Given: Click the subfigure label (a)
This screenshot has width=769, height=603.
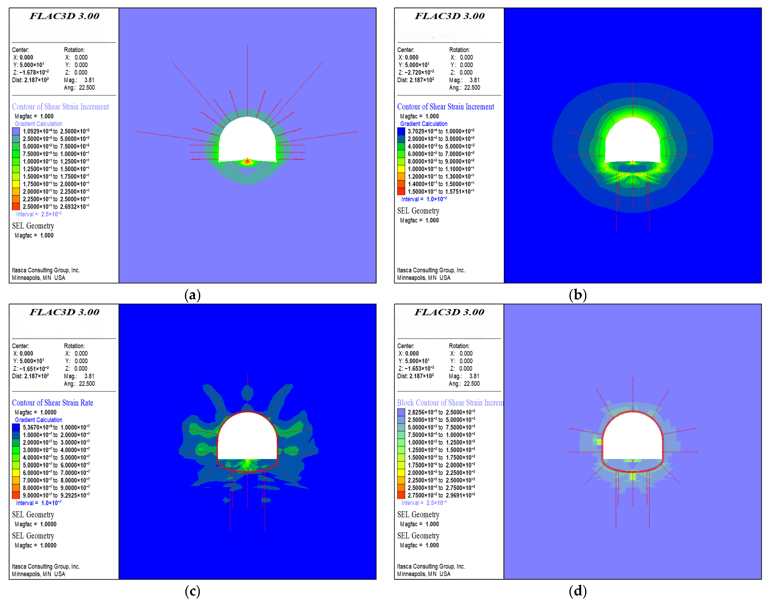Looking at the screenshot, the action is (x=192, y=295).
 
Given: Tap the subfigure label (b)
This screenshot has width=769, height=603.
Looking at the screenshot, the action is (x=578, y=295).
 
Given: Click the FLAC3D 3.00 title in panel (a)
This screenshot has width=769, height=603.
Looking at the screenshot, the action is (x=64, y=16).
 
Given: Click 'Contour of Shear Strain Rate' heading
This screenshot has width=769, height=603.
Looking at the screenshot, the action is (x=53, y=403).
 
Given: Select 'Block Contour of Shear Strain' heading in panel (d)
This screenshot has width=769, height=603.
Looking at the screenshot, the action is (x=450, y=403).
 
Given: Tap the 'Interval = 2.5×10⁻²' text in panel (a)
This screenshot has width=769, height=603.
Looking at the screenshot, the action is (x=39, y=214).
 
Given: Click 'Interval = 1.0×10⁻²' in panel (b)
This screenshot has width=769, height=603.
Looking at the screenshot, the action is (x=424, y=199).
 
